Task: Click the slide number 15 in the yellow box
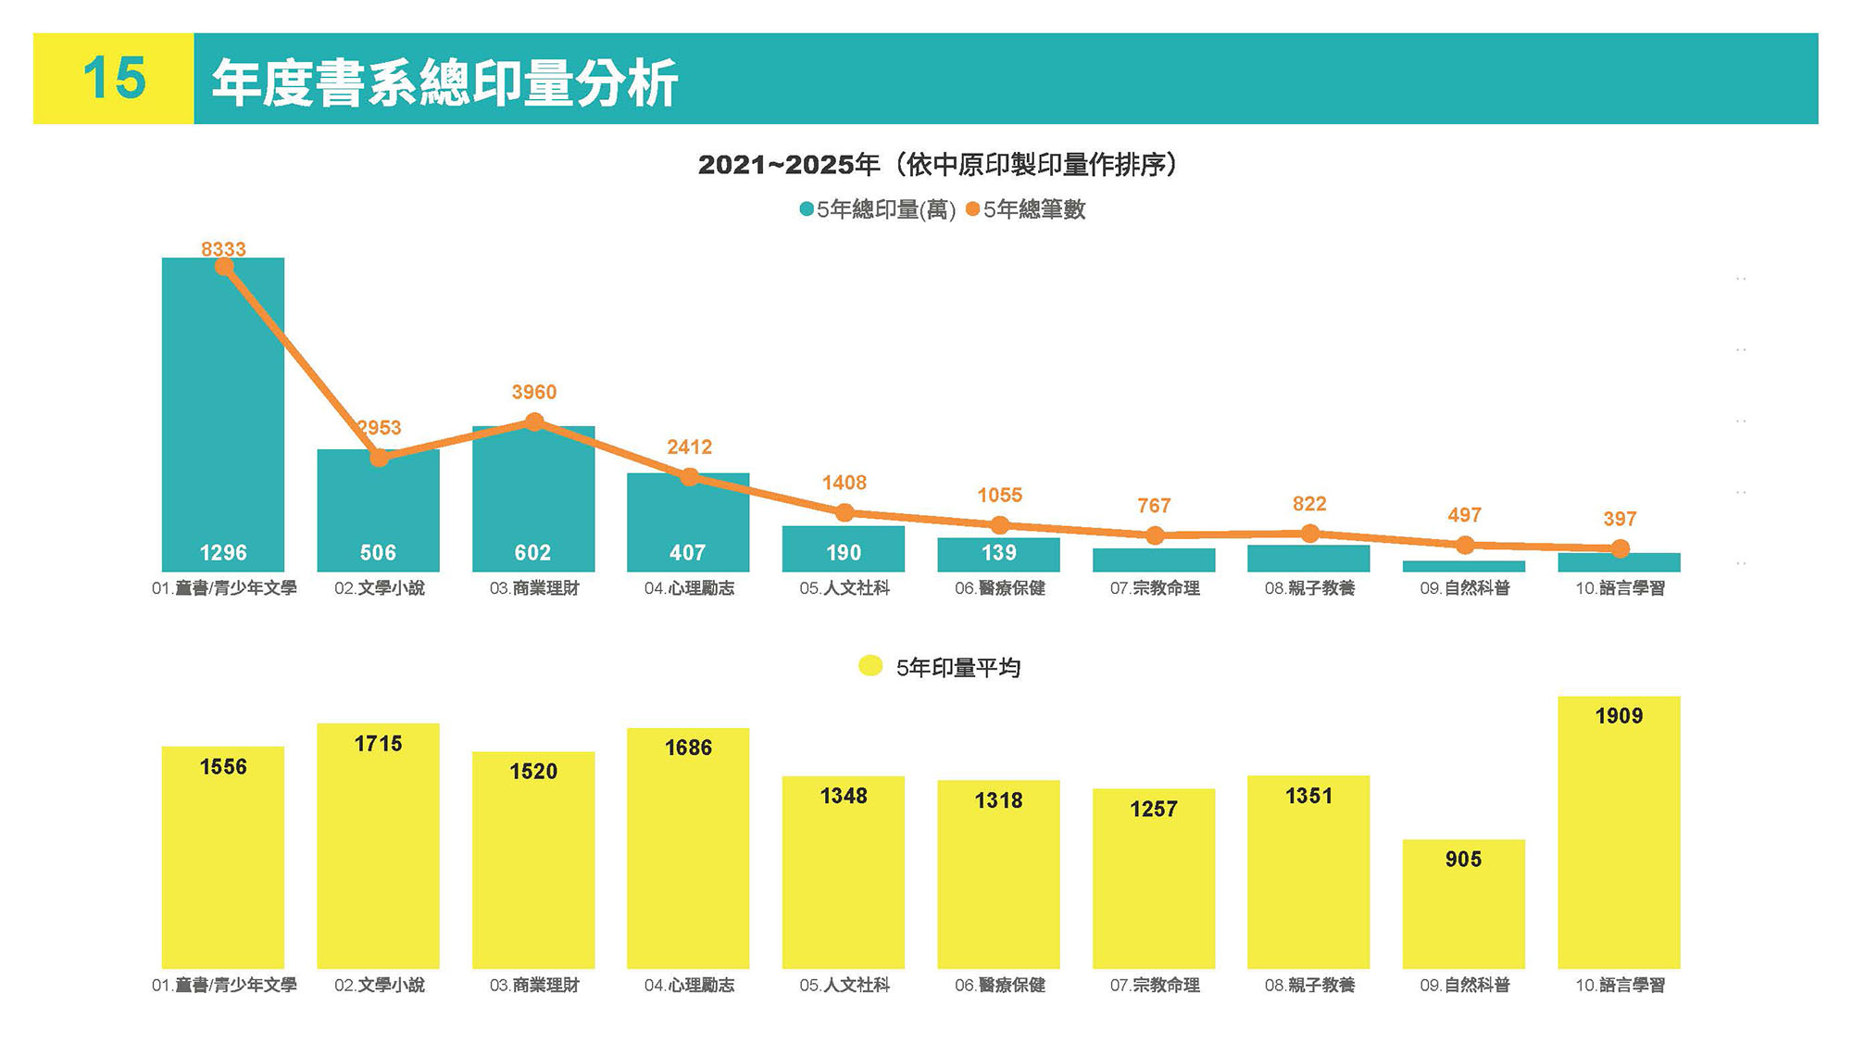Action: click(x=114, y=78)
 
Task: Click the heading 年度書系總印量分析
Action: click(x=444, y=82)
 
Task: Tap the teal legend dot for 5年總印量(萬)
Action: click(x=807, y=209)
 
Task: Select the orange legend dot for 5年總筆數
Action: click(x=972, y=209)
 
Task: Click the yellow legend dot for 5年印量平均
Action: click(x=870, y=666)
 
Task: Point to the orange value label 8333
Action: click(x=223, y=249)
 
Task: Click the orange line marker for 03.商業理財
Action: click(x=534, y=422)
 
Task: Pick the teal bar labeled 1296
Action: click(x=223, y=417)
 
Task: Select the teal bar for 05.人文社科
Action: click(x=844, y=548)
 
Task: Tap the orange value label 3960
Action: click(x=534, y=392)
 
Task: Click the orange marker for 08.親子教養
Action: click(x=1309, y=534)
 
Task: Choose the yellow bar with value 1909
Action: click(x=1619, y=834)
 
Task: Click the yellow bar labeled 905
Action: click(x=1463, y=908)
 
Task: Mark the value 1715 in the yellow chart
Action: click(x=378, y=744)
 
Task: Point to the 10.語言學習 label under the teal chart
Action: click(x=1620, y=588)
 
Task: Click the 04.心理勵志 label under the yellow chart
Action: click(x=689, y=986)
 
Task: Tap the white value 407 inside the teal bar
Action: click(x=687, y=553)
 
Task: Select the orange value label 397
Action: click(x=1620, y=519)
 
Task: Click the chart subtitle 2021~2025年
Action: click(x=788, y=165)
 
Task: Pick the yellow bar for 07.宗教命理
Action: click(x=1154, y=880)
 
